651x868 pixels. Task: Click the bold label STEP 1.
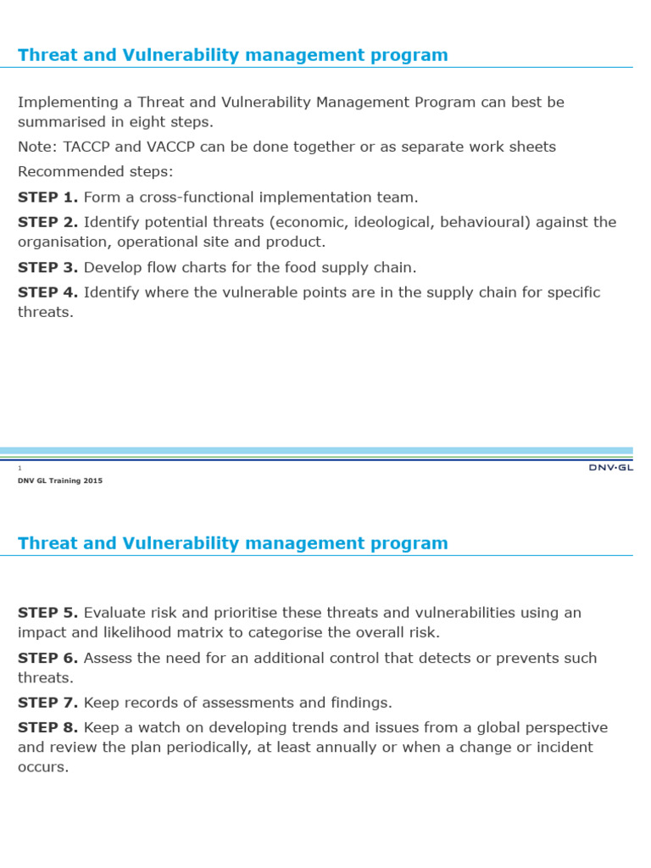tap(48, 198)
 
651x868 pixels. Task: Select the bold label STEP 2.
tap(48, 222)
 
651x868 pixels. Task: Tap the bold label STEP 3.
tap(48, 268)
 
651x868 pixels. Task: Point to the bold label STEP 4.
tap(48, 292)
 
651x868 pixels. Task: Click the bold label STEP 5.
tap(48, 613)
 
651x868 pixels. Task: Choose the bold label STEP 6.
tap(48, 658)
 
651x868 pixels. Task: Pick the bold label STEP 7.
tap(48, 703)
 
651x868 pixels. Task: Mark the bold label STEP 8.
tap(48, 728)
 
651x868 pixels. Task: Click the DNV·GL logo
tap(610, 467)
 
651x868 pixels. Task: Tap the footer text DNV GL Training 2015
tap(60, 481)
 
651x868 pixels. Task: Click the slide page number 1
tap(19, 468)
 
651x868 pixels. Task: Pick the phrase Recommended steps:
tap(95, 172)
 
